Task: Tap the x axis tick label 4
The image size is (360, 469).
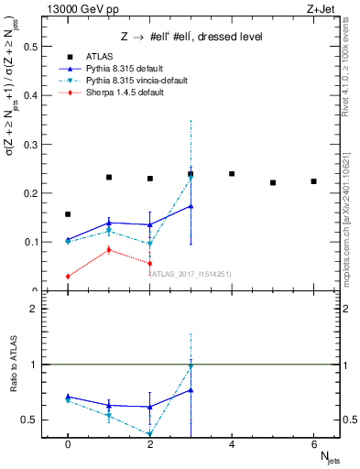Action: (x=232, y=444)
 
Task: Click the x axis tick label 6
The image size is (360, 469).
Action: (x=313, y=444)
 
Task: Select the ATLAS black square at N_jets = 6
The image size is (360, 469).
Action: (x=313, y=181)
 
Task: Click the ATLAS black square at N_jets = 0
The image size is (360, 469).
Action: (x=68, y=214)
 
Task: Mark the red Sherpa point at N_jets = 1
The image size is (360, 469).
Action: (x=109, y=249)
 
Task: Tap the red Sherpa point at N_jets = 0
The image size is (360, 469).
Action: (x=68, y=277)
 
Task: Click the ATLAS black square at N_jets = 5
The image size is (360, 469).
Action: (x=273, y=183)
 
